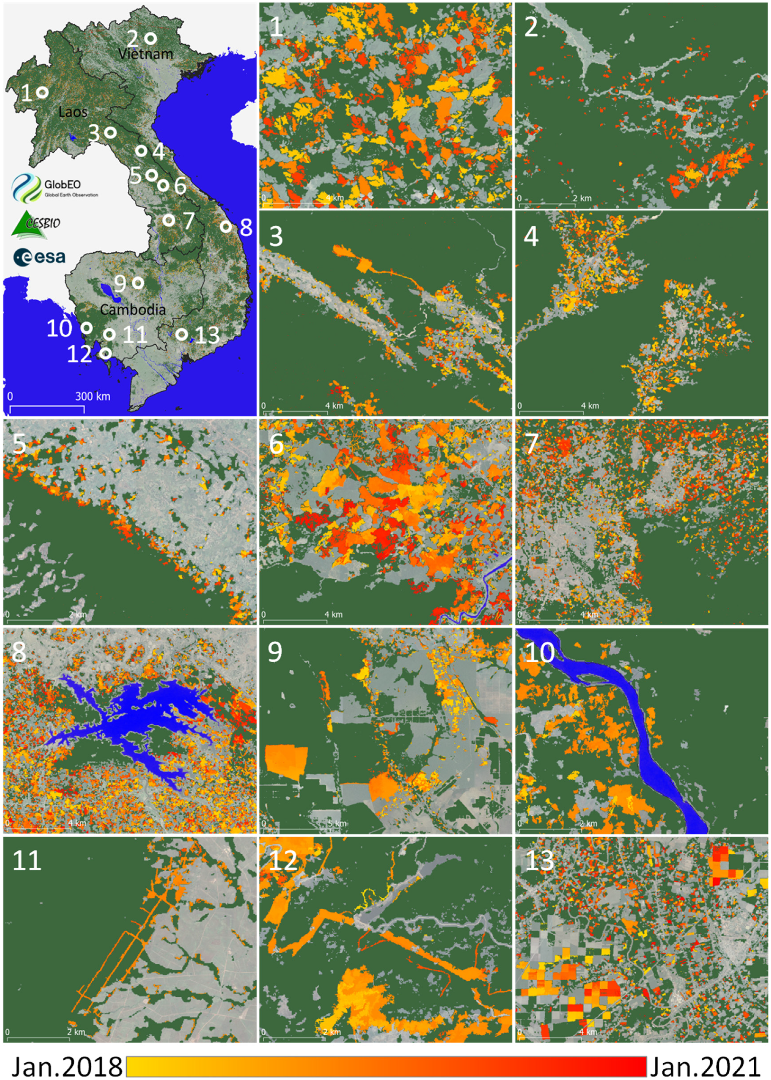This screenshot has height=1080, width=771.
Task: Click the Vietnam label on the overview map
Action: [x=145, y=54]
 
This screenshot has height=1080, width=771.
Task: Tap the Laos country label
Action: [x=73, y=112]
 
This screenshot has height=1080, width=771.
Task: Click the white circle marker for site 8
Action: [x=226, y=227]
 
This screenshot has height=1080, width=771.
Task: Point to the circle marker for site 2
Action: [x=150, y=38]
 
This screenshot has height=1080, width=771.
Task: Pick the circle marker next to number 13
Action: [x=181, y=334]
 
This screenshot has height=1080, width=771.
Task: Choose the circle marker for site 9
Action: [x=138, y=283]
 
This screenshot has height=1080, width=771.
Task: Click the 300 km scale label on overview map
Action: [x=92, y=396]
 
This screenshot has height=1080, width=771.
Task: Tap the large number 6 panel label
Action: [x=276, y=444]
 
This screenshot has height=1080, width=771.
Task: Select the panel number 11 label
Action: [x=27, y=860]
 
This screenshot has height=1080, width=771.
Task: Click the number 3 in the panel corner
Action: [x=276, y=236]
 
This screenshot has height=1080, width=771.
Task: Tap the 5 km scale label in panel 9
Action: [x=337, y=824]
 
